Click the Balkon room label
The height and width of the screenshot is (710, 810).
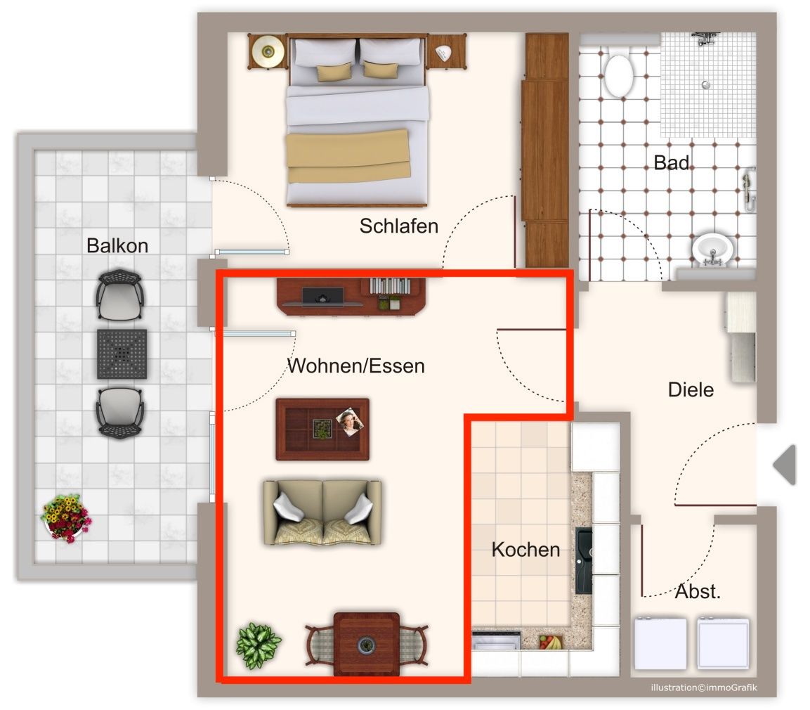(117, 245)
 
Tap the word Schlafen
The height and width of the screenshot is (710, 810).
(399, 226)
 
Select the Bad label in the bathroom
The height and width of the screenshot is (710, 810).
(672, 163)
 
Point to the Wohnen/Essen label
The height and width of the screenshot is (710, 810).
(356, 366)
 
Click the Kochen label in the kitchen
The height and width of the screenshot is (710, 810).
(526, 549)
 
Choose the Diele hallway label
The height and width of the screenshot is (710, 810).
(691, 389)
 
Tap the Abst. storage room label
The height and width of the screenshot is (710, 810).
(698, 591)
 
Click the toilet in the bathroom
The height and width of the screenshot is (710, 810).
(618, 72)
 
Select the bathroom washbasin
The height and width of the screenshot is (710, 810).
(712, 250)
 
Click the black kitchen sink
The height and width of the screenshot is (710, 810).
(584, 561)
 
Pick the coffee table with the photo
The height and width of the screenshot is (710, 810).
(322, 429)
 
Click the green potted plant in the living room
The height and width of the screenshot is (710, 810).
(259, 645)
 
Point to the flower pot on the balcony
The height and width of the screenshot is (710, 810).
(65, 518)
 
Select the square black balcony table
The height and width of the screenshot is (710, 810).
(122, 354)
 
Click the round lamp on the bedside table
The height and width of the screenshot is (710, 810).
(268, 51)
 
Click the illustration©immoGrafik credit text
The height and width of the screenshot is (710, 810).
(704, 688)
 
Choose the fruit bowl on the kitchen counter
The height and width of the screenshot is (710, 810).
(550, 643)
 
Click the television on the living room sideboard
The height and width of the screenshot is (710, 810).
(322, 296)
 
